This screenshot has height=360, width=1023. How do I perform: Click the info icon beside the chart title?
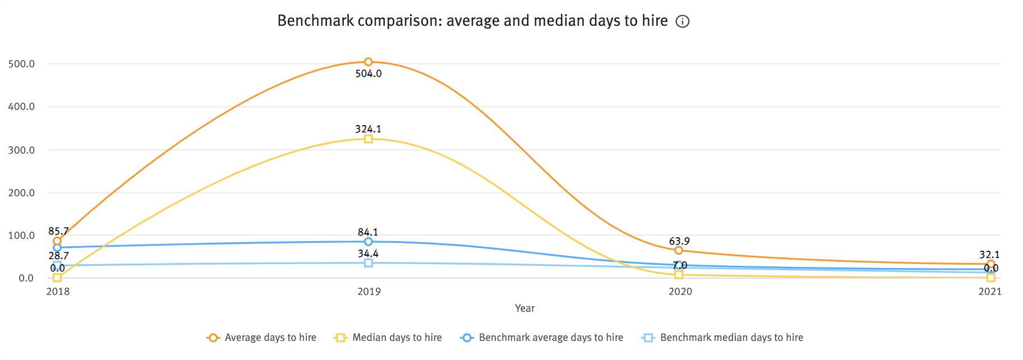pos(682,22)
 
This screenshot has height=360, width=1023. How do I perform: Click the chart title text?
pos(472,21)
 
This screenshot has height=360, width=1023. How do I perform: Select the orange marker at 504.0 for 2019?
pos(368,62)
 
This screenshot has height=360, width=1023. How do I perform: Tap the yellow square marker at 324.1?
pos(368,139)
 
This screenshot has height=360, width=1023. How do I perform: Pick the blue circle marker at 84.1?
pos(368,242)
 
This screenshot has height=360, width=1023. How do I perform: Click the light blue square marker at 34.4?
pos(368,262)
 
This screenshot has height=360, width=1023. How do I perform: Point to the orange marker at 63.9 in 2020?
pos(679,250)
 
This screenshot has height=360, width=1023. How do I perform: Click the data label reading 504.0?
pos(368,73)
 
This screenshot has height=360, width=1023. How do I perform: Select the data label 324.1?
pos(368,129)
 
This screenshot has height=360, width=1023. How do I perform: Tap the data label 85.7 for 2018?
pos(58,231)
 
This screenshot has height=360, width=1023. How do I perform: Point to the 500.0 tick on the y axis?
pos(21,64)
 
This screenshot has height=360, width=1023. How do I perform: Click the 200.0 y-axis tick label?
pos(21,193)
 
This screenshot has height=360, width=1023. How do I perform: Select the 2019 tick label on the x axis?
pos(368,292)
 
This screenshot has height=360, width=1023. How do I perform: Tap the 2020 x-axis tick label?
pos(680,292)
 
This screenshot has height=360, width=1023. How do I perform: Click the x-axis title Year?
pos(524,308)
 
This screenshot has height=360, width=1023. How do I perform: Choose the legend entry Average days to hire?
pos(270,338)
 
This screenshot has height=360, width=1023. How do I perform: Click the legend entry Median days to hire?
pos(397,338)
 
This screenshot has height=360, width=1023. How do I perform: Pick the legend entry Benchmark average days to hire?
pos(550,338)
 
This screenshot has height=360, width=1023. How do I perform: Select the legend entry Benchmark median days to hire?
pos(731,338)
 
